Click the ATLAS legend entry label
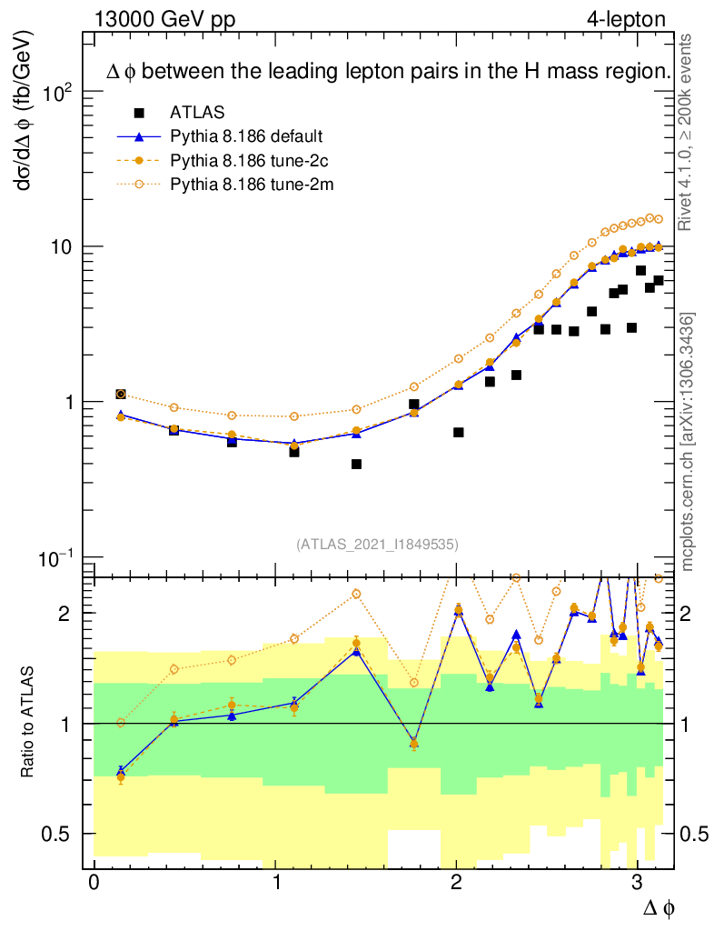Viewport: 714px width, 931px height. coord(197,113)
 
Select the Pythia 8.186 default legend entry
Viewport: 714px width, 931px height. coord(246,136)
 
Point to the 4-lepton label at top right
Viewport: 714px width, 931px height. coord(626,19)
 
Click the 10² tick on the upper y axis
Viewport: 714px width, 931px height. coord(55,93)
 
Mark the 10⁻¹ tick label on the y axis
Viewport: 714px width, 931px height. coord(55,557)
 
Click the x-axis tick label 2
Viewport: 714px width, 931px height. coord(456,883)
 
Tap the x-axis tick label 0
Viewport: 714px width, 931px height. coord(94,883)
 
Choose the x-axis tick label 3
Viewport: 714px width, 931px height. coord(637,883)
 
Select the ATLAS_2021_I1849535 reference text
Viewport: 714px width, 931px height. coord(376,544)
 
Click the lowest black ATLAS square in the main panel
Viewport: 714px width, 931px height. coord(356,465)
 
